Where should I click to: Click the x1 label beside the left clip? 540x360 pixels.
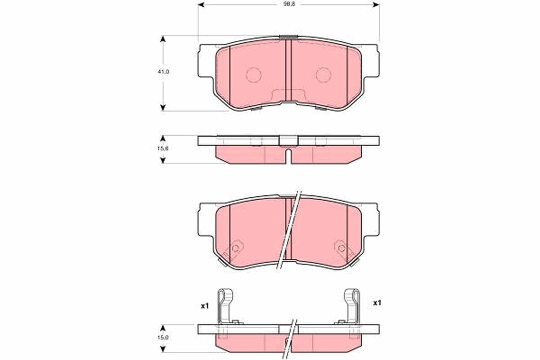(205, 306)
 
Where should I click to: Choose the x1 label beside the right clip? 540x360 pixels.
(377, 303)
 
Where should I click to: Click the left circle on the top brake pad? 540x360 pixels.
(254, 75)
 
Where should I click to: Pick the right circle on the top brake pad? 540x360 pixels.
(323, 75)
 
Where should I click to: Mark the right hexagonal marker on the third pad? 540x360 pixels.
(341, 248)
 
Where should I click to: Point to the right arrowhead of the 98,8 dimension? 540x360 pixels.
(376, 5)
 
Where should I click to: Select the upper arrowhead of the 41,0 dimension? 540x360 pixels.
(163, 39)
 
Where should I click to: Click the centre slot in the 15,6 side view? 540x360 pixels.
(288, 155)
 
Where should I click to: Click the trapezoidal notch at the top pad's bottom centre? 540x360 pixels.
(288, 95)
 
